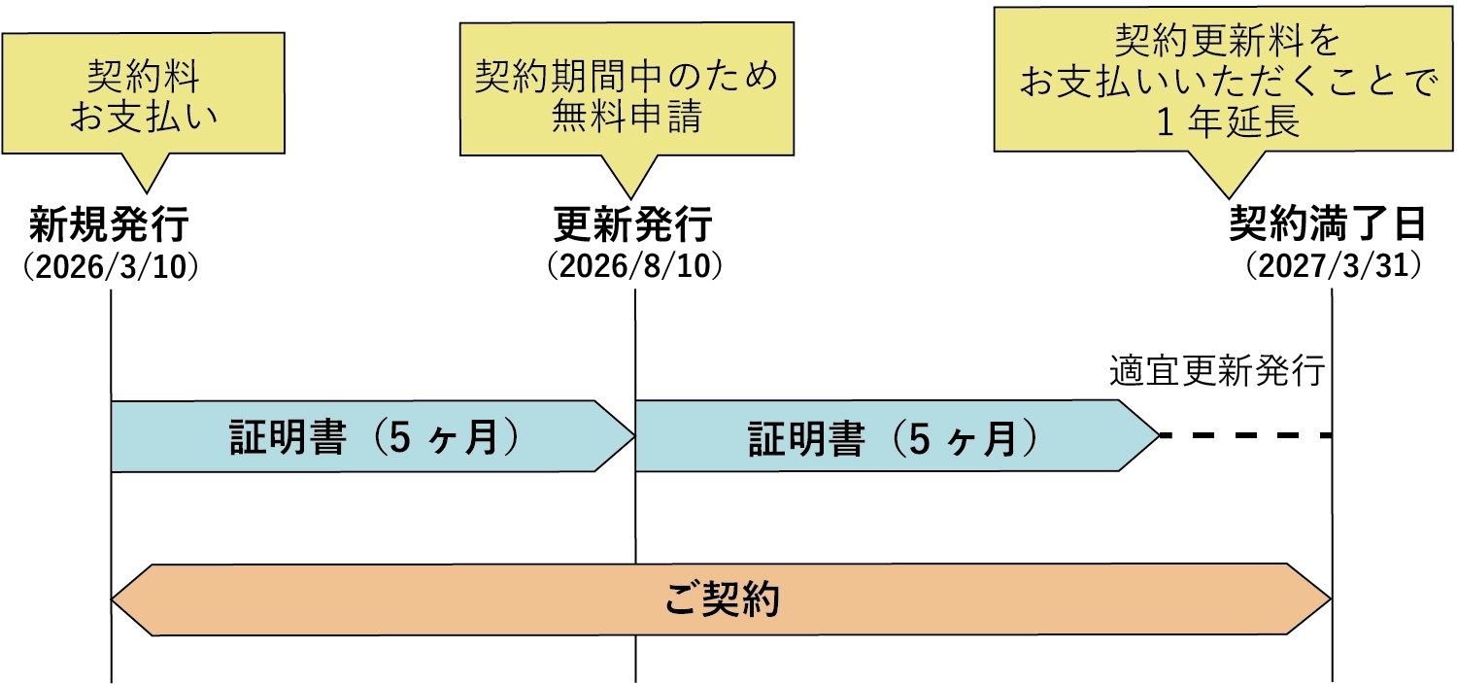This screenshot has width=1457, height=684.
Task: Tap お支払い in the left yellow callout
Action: pos(144,116)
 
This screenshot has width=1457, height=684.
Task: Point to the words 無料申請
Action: pos(627,118)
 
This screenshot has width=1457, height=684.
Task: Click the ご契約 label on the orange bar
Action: pos(722,599)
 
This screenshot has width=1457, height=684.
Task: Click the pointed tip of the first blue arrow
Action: pos(631,435)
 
